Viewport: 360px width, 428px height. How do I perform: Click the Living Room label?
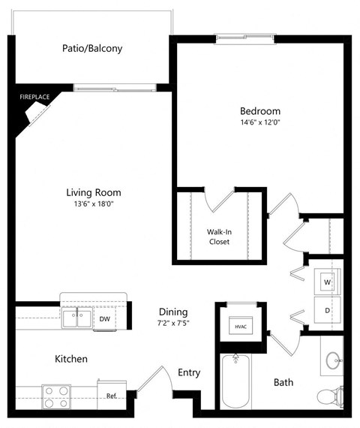pyautogui.click(x=92, y=191)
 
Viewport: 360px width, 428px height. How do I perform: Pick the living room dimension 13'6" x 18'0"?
pyautogui.click(x=92, y=204)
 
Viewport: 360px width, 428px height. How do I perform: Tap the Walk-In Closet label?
pyautogui.click(x=219, y=237)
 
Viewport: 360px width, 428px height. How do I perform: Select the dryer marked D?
pyautogui.click(x=328, y=309)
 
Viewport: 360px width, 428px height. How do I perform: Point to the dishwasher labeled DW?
pyautogui.click(x=105, y=319)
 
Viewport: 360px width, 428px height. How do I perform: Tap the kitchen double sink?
pyautogui.click(x=78, y=318)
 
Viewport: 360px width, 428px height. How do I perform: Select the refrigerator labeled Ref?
pyautogui.click(x=110, y=396)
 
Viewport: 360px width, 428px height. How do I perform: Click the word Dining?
pyautogui.click(x=172, y=312)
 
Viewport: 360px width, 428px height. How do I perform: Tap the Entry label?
pyautogui.click(x=189, y=372)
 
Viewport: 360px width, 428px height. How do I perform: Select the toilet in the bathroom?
pyautogui.click(x=330, y=395)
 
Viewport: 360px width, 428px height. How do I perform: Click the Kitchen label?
pyautogui.click(x=70, y=359)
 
